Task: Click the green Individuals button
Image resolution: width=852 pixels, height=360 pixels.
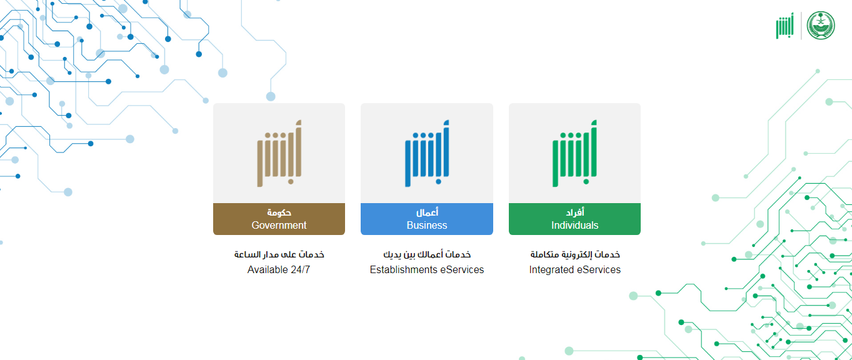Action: click(x=574, y=219)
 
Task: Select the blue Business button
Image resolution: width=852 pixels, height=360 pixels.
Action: click(x=427, y=219)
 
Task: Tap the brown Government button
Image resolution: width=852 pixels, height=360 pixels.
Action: click(x=279, y=219)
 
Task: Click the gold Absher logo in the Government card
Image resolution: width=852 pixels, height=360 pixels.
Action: click(x=279, y=153)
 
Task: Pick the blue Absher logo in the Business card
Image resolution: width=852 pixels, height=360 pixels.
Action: click(x=427, y=153)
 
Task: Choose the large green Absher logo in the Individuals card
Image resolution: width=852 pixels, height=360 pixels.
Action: click(x=574, y=153)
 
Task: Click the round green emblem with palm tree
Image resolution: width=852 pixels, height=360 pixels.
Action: click(x=821, y=26)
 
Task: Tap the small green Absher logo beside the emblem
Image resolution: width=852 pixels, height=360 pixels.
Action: click(x=784, y=26)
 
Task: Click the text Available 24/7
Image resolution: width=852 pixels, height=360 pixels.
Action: click(x=278, y=269)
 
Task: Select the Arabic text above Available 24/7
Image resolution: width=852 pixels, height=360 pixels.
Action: click(x=279, y=254)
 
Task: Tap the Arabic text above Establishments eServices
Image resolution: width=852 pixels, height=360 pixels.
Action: click(x=427, y=254)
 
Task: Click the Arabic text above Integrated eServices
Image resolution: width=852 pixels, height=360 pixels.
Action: click(x=575, y=254)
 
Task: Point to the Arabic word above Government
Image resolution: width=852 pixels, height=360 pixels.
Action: click(x=279, y=212)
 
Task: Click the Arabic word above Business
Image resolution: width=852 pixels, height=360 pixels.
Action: click(x=427, y=212)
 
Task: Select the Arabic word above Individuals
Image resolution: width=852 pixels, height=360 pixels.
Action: click(x=574, y=212)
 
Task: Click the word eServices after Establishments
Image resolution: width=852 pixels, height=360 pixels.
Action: click(x=462, y=269)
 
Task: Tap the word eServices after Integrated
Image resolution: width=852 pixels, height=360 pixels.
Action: click(x=599, y=269)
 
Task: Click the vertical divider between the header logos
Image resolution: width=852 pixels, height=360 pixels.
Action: click(x=801, y=26)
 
